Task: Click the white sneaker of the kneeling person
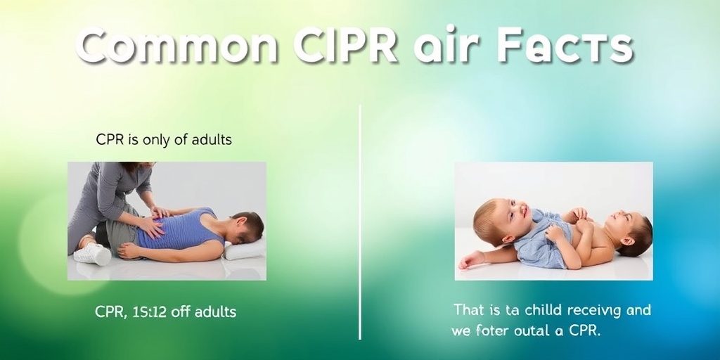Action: [x=94, y=254]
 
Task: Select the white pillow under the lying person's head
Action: [x=246, y=248]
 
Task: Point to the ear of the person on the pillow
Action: [x=240, y=226]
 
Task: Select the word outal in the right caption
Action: [x=536, y=330]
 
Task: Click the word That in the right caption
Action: [x=470, y=309]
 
